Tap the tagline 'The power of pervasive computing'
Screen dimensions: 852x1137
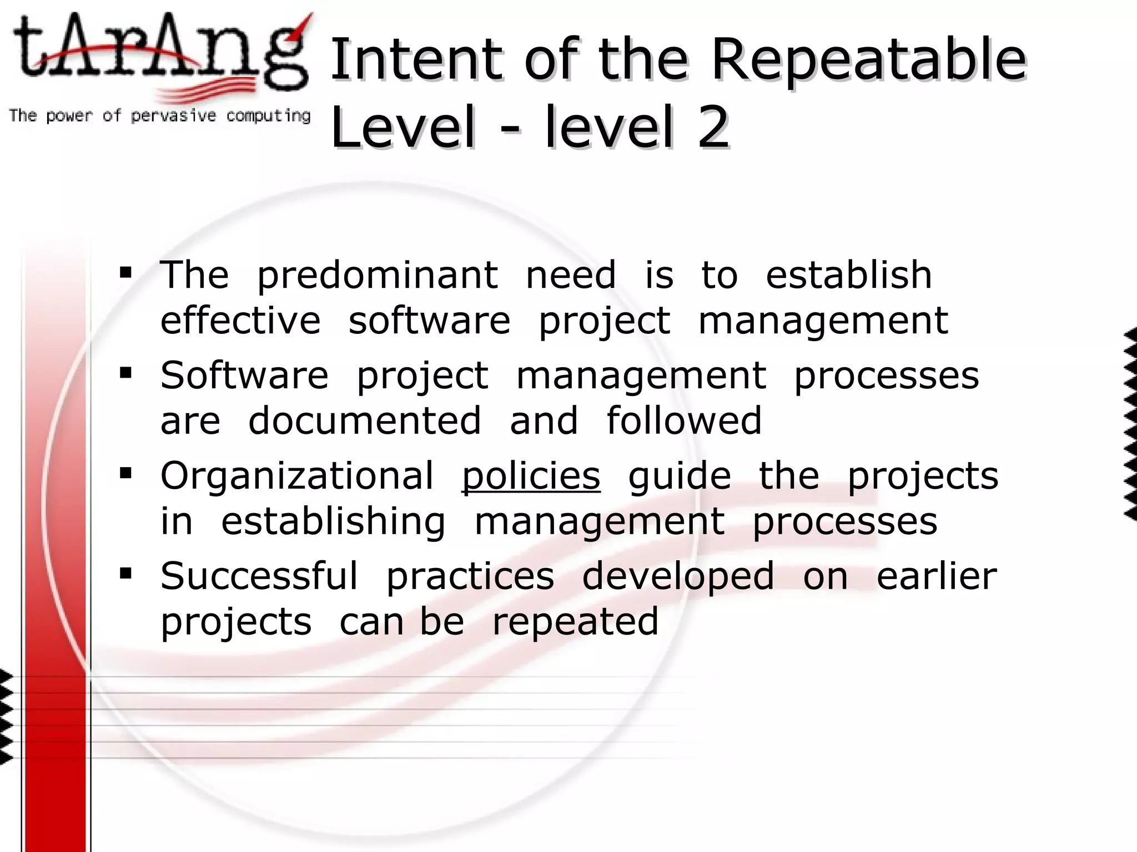(159, 116)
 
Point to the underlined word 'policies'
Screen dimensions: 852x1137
(531, 476)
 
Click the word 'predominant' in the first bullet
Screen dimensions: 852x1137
(378, 275)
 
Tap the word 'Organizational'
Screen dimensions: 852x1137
(297, 476)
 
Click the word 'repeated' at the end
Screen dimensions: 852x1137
(575, 621)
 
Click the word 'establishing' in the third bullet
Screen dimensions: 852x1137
(333, 521)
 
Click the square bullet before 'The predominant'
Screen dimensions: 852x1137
(125, 273)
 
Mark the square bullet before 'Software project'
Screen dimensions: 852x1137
(125, 373)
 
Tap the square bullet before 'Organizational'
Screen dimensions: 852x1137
(125, 474)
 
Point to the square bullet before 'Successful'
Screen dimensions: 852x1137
(125, 574)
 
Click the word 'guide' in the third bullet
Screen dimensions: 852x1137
(680, 477)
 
